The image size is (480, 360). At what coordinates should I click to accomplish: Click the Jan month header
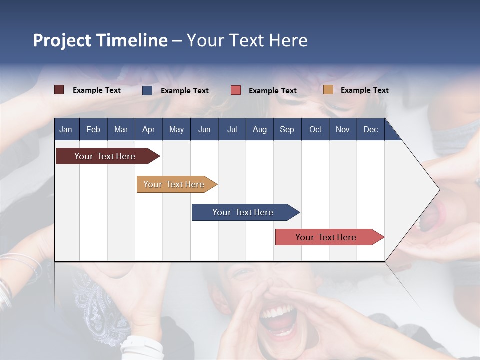66,129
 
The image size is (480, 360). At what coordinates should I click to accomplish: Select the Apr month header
148,129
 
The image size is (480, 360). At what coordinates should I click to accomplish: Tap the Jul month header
232,129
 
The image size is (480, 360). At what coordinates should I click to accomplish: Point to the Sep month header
287,129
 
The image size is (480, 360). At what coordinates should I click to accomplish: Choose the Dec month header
370,129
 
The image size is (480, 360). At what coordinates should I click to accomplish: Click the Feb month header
93,129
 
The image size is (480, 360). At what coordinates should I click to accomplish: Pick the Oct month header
315,129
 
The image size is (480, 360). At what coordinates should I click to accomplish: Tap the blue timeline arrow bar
243,212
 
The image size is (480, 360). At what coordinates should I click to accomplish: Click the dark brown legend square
59,90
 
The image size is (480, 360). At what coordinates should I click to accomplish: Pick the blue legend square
147,90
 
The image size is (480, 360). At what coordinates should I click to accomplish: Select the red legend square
236,90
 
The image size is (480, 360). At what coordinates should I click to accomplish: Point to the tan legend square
328,90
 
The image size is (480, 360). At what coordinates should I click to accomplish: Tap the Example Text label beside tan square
364,90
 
